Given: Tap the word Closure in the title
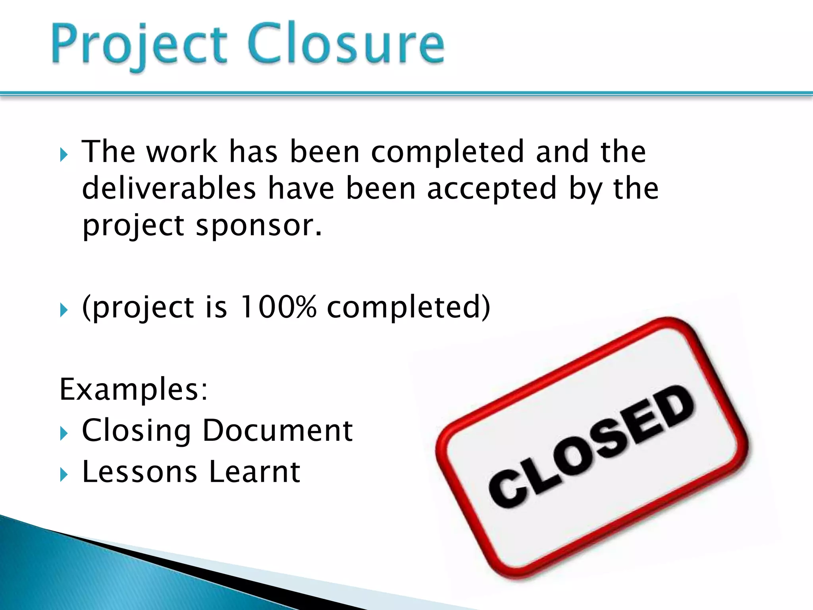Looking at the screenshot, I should coord(346,44).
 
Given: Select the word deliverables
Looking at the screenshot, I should coord(169,188).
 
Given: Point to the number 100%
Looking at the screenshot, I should coord(278,307).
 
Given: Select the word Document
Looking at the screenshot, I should coord(277,430).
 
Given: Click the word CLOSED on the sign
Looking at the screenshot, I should coord(591,447).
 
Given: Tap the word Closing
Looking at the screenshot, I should coord(136,431).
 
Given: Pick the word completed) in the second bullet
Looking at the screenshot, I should coord(408,307).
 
